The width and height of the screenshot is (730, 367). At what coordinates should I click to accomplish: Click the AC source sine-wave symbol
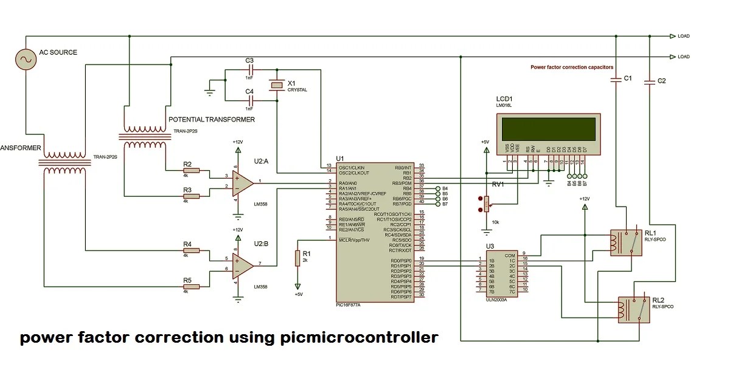pos(26,59)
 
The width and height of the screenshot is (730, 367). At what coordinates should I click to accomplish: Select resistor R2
pos(187,172)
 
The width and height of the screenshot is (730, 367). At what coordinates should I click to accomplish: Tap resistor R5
pos(187,287)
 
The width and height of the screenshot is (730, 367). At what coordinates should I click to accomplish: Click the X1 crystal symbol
pos(277,86)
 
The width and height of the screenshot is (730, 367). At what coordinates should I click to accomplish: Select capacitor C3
pos(249,70)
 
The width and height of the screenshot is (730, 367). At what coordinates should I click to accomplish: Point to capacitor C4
pos(249,100)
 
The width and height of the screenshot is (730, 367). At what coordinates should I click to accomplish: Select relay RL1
pos(625,241)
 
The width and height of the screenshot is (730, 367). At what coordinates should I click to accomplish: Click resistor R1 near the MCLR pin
pos(297,258)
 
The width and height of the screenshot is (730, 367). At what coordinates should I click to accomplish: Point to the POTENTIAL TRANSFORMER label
pos(211,119)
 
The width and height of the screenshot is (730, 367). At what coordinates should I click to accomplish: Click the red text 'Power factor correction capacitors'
pos(571,67)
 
